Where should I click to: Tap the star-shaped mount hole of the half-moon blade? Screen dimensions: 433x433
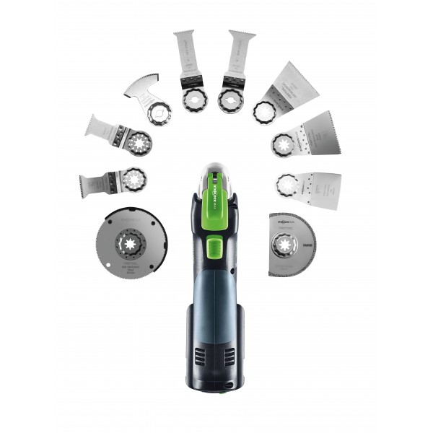coord(284,242)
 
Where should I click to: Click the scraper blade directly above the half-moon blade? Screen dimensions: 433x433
coord(310,189)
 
